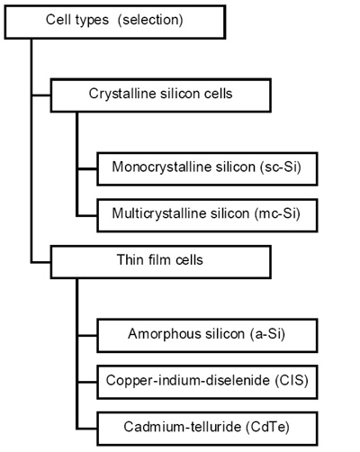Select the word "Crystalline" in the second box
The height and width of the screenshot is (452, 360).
122,94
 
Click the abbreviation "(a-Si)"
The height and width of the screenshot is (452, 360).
267,334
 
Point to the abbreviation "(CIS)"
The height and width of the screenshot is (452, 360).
292,380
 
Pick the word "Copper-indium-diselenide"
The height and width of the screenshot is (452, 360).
188,380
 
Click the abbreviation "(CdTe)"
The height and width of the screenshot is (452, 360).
267,427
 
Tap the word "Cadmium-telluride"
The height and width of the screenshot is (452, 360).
183,427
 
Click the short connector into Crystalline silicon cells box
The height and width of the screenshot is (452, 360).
41,95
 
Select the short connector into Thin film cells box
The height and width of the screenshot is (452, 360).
41,263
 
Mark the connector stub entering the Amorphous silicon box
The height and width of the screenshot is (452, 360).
87,335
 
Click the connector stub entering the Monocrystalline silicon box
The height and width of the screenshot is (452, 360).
87,169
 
